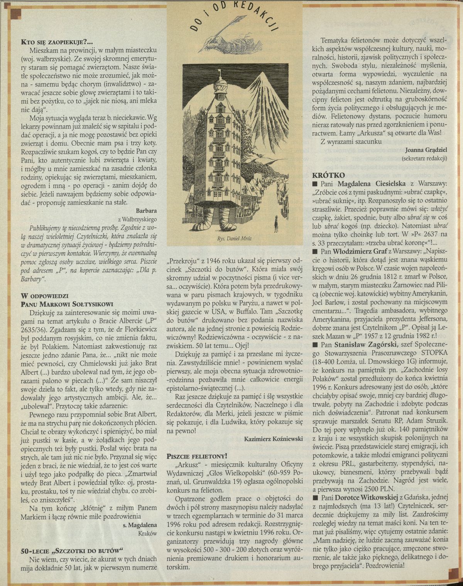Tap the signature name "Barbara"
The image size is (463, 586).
146,211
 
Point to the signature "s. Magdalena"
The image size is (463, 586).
140,524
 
